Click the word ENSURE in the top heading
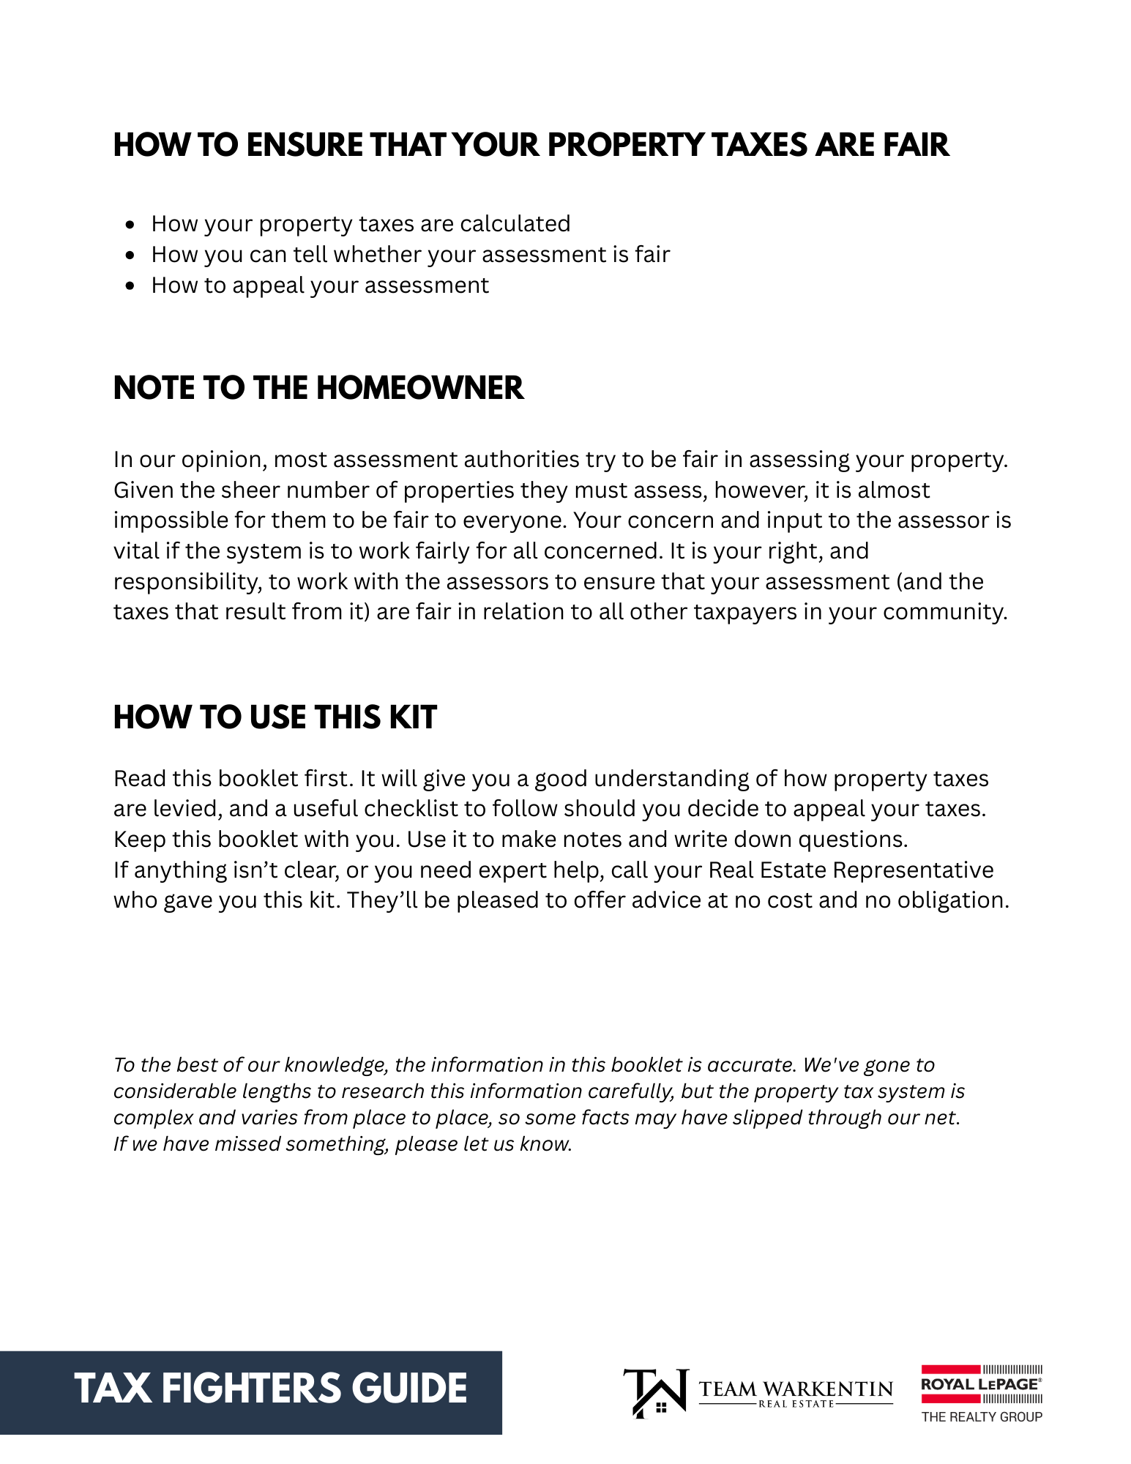coord(304,145)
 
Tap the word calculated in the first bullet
coord(515,224)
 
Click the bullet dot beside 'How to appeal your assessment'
coord(130,285)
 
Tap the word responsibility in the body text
coord(187,582)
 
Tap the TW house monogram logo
coord(656,1393)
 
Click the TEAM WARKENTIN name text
coord(796,1389)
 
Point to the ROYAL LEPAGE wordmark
coord(980,1384)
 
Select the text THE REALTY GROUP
coord(982,1417)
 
